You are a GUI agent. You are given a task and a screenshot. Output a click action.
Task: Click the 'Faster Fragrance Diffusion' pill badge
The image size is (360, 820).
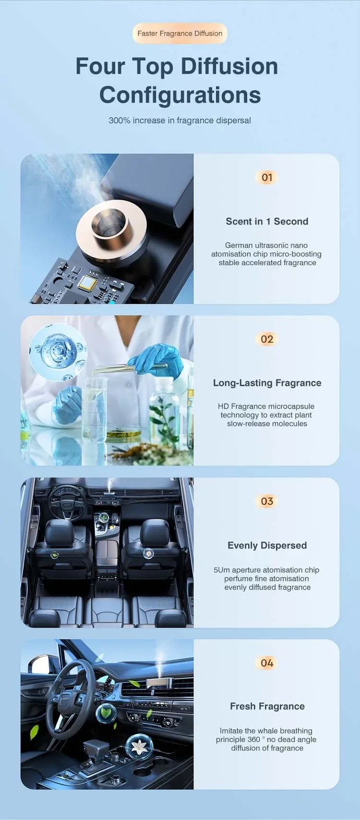[180, 33]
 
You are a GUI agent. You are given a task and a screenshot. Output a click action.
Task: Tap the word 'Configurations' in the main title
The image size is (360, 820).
[180, 95]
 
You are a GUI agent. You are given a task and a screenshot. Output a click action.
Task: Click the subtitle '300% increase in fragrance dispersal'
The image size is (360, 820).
[180, 120]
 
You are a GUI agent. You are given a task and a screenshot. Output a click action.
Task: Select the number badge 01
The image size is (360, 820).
[267, 178]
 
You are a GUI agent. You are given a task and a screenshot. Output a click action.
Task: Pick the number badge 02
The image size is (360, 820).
[267, 339]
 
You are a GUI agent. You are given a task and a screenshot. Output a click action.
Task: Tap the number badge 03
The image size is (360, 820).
[267, 501]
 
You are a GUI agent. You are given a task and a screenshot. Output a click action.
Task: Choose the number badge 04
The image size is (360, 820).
[267, 663]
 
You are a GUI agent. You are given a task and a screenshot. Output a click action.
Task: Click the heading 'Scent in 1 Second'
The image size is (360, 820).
[267, 222]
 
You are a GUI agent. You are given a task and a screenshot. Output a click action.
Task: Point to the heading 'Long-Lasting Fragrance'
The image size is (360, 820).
[267, 383]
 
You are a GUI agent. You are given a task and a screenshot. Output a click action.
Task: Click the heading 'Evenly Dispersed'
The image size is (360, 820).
[267, 546]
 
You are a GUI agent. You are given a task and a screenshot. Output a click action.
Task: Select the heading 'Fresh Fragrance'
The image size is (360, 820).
[267, 706]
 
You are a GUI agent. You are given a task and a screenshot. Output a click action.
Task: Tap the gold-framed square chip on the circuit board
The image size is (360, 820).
[88, 284]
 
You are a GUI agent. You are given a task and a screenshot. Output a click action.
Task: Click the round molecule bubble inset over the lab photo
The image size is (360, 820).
[58, 351]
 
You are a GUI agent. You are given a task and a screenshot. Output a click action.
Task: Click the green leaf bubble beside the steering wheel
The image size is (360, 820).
[106, 713]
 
